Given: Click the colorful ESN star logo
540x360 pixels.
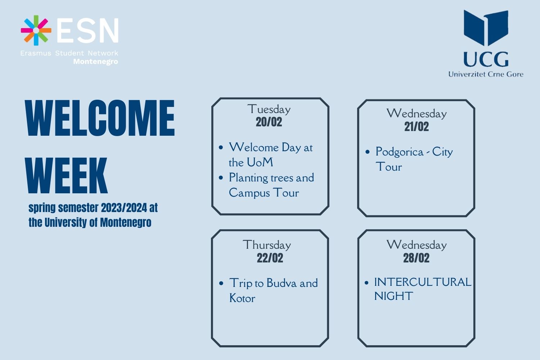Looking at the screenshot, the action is (36, 30).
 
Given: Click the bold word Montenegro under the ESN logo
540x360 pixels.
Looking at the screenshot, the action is (96, 62).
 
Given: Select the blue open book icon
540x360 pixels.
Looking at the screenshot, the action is (486, 28).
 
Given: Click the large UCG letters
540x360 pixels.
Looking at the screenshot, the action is (486, 59).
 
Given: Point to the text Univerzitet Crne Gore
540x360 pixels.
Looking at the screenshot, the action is (486, 74).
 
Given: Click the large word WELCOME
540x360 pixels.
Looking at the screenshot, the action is (100, 118).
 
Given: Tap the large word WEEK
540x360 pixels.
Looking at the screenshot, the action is (66, 175).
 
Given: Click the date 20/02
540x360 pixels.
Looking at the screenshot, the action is (269, 122).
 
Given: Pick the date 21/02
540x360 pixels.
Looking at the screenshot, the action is (417, 127).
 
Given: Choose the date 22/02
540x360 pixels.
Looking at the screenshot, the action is (270, 258).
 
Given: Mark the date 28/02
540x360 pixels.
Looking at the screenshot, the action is (416, 258).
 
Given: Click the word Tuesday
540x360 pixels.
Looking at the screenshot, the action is (269, 109).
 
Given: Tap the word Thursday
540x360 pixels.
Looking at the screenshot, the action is (267, 245).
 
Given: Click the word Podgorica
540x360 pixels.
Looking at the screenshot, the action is (400, 152).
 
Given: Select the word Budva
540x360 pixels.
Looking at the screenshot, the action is (282, 283).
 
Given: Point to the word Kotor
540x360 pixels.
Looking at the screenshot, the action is (242, 298).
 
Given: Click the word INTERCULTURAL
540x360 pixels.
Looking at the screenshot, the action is (423, 282).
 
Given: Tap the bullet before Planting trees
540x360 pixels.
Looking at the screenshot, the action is (221, 178).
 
